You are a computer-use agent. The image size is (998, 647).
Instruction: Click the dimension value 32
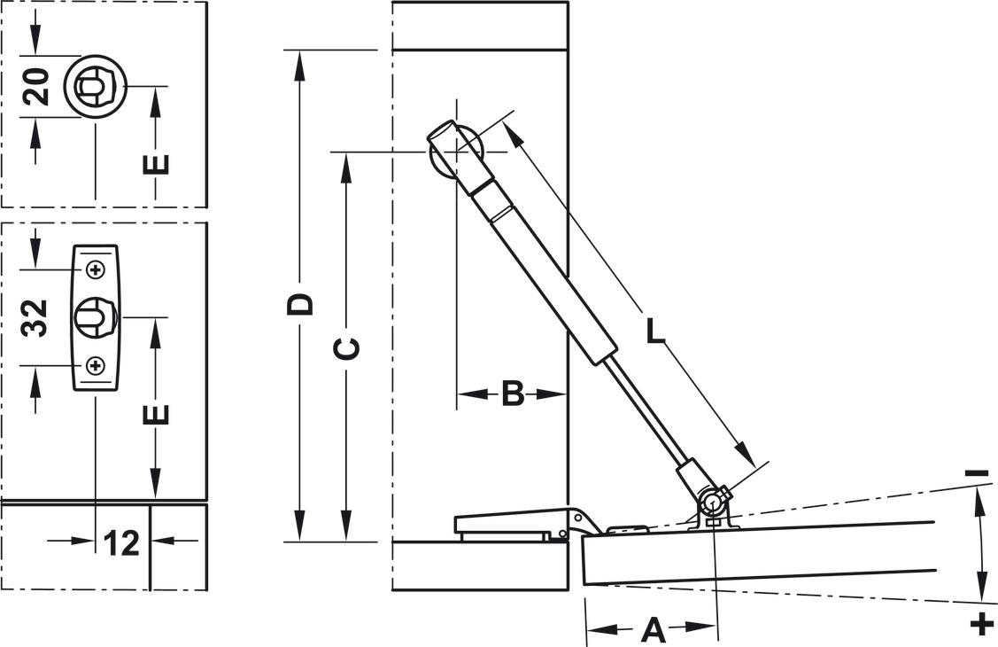tap(35, 317)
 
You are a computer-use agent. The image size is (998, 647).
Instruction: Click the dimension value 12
tap(122, 542)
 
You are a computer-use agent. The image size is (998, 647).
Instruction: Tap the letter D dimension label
tap(301, 303)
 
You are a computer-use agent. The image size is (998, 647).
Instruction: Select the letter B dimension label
tap(513, 394)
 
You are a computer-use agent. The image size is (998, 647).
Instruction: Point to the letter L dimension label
tap(654, 331)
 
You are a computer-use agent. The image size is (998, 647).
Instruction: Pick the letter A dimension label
tap(652, 630)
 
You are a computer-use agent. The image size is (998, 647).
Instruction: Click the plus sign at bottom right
tap(981, 622)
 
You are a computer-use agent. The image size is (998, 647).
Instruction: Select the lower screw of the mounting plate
tap(96, 365)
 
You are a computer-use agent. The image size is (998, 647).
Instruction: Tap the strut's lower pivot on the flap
tap(712, 503)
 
